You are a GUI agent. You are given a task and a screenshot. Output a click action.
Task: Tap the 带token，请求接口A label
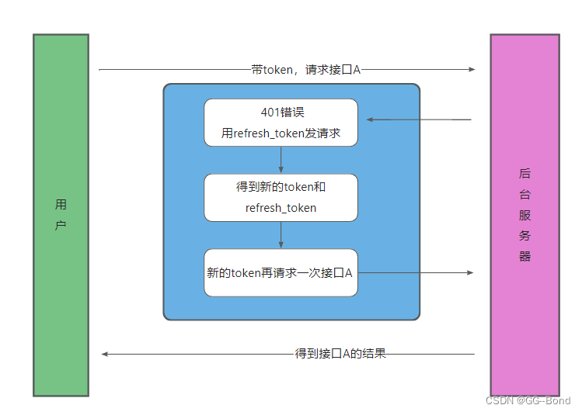coord(306,69)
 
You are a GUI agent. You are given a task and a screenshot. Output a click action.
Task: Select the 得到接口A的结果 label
coord(340,354)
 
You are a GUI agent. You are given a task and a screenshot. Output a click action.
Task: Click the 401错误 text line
coord(282,112)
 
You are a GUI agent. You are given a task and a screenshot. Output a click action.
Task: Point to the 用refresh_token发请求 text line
coord(281,133)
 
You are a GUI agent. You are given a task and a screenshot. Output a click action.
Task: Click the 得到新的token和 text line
coord(281,187)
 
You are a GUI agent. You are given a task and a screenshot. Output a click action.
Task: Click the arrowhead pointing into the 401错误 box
coord(371,119)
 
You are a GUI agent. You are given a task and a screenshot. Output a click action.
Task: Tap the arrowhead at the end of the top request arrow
coord(471,69)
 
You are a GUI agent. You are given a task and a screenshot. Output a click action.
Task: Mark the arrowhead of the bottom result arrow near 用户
coord(105,354)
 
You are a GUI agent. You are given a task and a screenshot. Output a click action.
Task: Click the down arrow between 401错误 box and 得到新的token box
coord(281,160)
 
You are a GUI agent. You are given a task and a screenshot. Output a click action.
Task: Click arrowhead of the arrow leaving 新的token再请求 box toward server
coord(469,272)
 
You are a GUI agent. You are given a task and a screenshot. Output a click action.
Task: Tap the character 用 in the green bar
coord(61,205)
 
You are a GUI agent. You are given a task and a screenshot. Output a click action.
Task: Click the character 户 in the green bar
coord(61,226)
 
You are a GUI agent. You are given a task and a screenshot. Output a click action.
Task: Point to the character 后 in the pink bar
coord(524,173)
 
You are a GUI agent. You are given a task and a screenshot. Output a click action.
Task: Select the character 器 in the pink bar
coord(524,256)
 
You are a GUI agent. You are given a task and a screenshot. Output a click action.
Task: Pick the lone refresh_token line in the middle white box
coord(281,208)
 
